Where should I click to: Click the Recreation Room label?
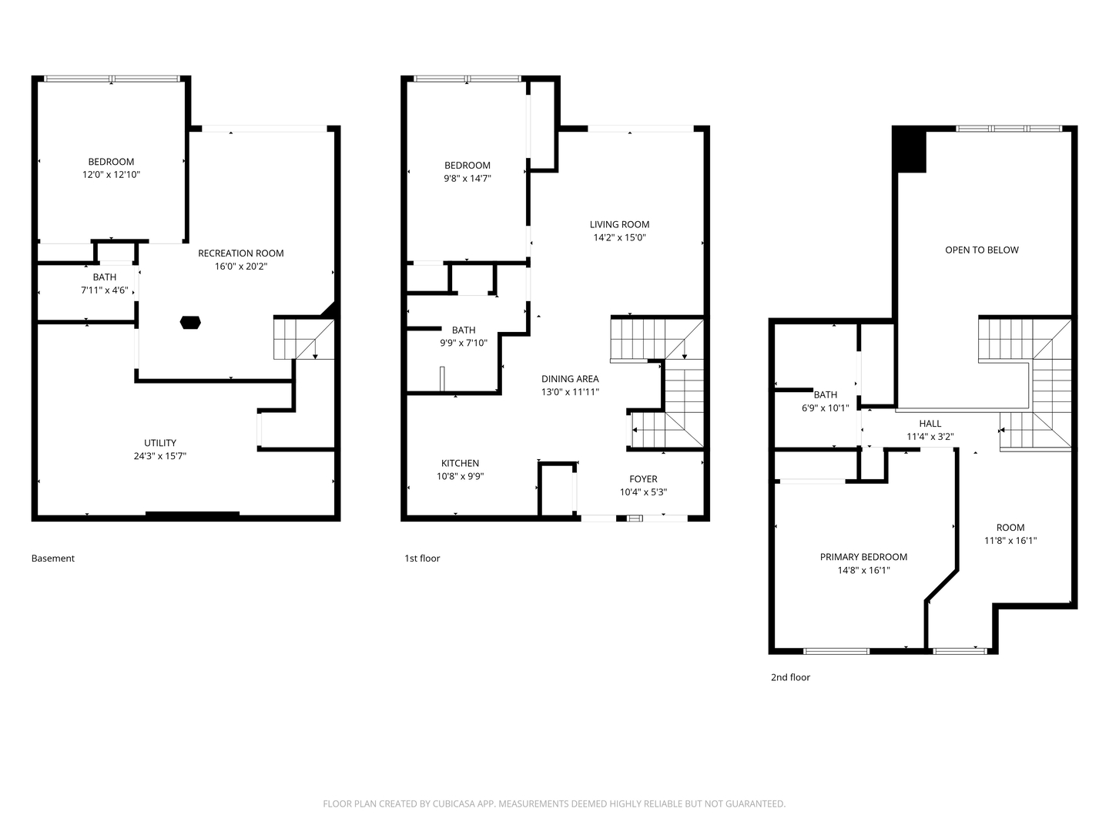[240, 253]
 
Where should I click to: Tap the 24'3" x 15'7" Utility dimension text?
[160, 456]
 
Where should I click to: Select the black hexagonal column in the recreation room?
[190, 322]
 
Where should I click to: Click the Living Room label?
[619, 224]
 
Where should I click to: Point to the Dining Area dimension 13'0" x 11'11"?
[570, 391]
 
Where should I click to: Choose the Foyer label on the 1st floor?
[643, 479]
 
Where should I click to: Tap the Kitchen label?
[460, 463]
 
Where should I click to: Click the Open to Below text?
[982, 250]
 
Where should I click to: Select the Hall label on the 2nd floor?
[930, 424]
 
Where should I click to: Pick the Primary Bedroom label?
[863, 557]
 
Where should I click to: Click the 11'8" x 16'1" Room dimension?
[1010, 541]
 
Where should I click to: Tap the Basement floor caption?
[53, 559]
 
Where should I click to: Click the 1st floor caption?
[422, 559]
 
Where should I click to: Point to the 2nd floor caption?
[790, 677]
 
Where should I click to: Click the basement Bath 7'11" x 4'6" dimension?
[105, 290]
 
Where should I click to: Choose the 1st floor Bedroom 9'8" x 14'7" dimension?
[467, 178]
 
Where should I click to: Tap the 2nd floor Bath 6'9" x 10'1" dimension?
[826, 408]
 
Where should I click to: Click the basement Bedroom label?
[111, 162]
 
